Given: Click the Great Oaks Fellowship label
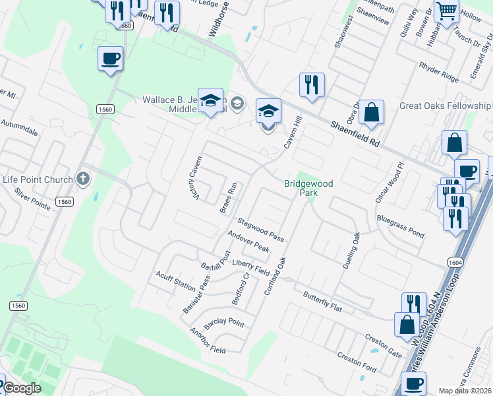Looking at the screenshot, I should tap(445, 106).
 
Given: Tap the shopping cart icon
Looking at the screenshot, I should tap(446, 11).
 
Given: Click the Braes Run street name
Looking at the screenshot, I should tap(228, 197).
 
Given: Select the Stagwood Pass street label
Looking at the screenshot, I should tap(261, 229).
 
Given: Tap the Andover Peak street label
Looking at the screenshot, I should tap(248, 242).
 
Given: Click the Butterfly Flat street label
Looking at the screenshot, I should tap(324, 301).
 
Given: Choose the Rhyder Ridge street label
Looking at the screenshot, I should tap(438, 71).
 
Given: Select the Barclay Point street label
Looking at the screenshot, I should tap(224, 323).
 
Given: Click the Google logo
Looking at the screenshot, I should tap(24, 388).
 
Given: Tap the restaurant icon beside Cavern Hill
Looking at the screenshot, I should tap(312, 84).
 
